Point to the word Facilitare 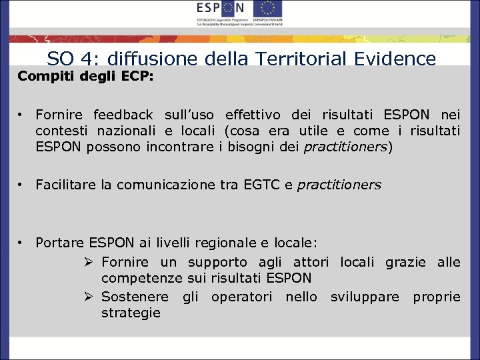click(65, 185)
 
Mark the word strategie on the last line click(131, 313)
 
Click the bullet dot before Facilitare click(21, 185)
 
